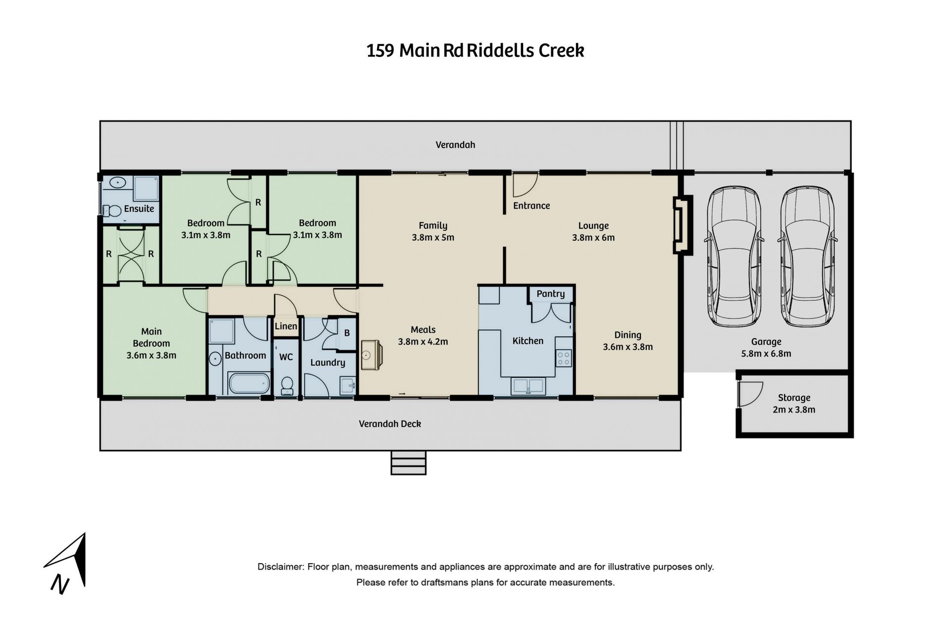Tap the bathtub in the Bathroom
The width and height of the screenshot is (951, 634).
pos(249,383)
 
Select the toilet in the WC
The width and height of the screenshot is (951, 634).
pos(287,385)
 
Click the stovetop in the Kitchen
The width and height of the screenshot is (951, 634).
pos(564,358)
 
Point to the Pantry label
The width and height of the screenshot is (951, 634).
pos(550,294)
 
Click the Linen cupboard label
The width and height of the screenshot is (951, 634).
pos(286,326)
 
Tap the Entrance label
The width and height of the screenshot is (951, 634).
pos(531,206)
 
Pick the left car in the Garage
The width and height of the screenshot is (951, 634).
pos(734,256)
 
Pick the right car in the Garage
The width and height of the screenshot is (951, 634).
pos(807,256)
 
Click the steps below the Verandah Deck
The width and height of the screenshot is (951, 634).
pos(409,463)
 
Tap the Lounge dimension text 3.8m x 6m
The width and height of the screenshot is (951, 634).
pos(593,238)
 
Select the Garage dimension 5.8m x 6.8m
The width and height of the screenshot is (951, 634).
pos(766,354)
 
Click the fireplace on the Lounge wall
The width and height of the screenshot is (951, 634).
pos(682,225)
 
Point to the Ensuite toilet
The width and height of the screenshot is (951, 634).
pos(113,211)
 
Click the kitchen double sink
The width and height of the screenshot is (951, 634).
pos(528,386)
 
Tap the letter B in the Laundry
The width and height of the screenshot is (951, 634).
pos(347,333)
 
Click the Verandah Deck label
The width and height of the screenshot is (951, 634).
pos(390,424)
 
